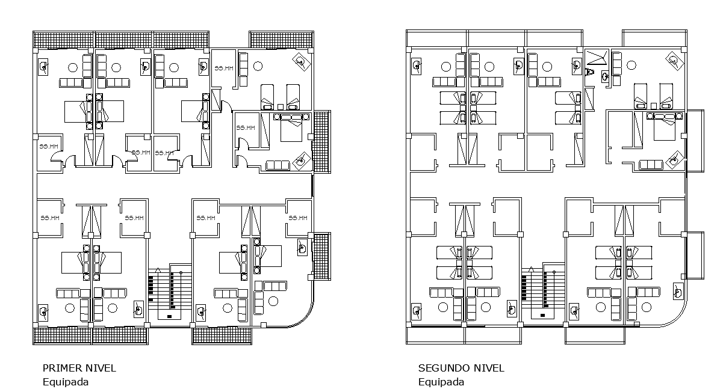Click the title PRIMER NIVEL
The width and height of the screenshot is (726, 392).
click(x=79, y=368)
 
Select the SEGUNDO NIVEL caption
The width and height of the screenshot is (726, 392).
click(x=461, y=368)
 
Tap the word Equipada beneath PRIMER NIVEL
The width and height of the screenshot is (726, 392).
click(x=65, y=381)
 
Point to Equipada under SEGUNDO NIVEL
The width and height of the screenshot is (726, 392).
click(x=441, y=381)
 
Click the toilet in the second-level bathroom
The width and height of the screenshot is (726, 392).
click(x=591, y=72)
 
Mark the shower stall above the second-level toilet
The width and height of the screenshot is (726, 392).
click(x=597, y=57)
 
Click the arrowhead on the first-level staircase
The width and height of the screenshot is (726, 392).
click(x=158, y=270)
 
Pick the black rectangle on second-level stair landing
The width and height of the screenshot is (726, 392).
click(x=542, y=315)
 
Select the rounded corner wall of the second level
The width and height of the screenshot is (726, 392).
click(x=677, y=316)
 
